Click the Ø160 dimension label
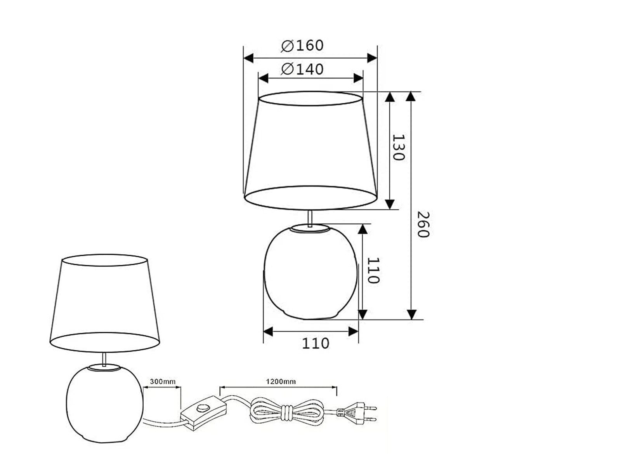(303, 45)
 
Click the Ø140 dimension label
(303, 69)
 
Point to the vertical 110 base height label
(373, 270)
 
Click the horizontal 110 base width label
(315, 343)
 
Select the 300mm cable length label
(162, 381)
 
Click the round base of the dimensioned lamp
(310, 272)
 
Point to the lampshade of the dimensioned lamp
(310, 151)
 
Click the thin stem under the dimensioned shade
(310, 218)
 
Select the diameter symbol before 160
(287, 46)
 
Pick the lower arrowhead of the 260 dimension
(411, 314)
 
